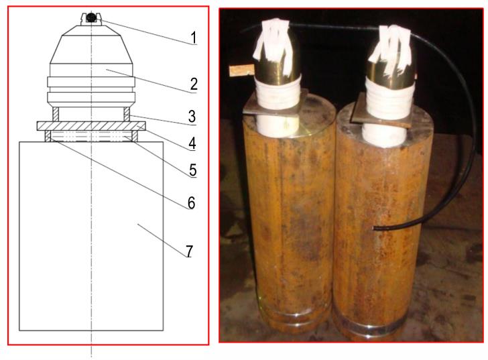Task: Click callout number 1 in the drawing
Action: coord(194,38)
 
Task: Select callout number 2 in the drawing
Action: coord(194,84)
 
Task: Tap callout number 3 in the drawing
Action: coord(192,117)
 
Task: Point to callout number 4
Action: coord(192,143)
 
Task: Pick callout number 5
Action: coord(192,170)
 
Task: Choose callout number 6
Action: coord(191,202)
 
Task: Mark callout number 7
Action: coord(189,251)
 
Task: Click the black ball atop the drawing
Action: coord(91,17)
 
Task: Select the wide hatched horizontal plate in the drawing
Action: coord(91,126)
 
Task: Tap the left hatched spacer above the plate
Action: coord(56,114)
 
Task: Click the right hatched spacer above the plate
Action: coord(127,114)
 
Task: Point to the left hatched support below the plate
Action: coord(48,136)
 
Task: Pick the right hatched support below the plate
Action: coord(135,136)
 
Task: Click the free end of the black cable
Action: coord(373,229)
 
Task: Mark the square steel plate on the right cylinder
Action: coord(382,112)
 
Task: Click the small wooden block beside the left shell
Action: coord(241,70)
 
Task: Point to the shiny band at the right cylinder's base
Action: coord(370,327)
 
